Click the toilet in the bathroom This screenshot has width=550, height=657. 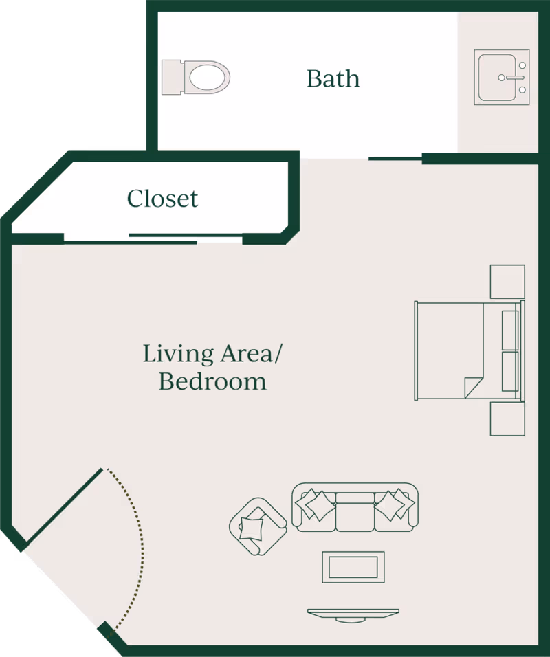[196, 78]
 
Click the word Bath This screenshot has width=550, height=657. [333, 79]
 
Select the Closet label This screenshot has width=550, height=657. [163, 199]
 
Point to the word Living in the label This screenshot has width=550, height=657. [178, 354]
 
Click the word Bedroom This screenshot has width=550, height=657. [212, 381]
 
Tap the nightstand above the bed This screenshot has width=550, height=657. [507, 282]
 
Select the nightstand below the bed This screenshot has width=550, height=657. [507, 419]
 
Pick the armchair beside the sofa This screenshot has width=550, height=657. [258, 526]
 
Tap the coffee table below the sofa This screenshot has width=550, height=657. [353, 567]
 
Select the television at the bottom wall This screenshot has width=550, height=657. [353, 614]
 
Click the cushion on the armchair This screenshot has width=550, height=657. [252, 528]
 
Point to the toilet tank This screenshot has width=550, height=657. [172, 77]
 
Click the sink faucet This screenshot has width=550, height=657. [511, 78]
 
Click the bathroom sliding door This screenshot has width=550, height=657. [395, 159]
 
